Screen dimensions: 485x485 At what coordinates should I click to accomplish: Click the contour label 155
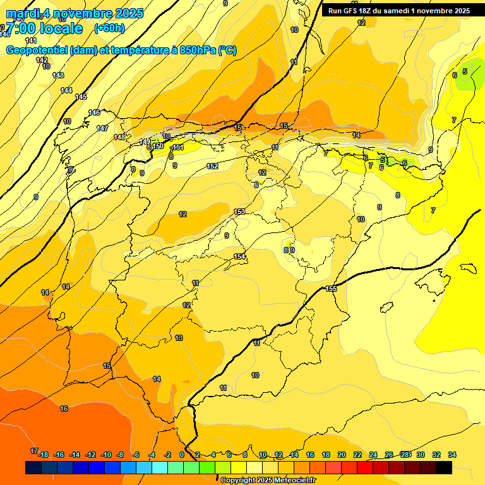pyautogui.click(x=332, y=289)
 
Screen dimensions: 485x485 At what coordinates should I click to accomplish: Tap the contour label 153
pyautogui.click(x=239, y=212)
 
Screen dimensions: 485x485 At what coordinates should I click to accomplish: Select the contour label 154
pyautogui.click(x=239, y=256)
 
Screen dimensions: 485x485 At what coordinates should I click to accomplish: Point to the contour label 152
pyautogui.click(x=213, y=166)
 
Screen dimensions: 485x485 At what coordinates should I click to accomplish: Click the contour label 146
pyautogui.click(x=94, y=112)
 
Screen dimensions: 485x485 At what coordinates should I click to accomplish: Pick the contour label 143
pyautogui.click(x=58, y=75)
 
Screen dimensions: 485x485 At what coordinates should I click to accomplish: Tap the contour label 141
pyautogui.click(x=31, y=40)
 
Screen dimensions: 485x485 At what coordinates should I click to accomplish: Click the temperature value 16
pyautogui.click(x=64, y=409)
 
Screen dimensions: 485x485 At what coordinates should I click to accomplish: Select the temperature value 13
pyautogui.click(x=179, y=338)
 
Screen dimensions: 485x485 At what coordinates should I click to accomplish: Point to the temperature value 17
pyautogui.click(x=34, y=451)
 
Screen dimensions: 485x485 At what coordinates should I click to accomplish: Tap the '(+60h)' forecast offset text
pyautogui.click(x=109, y=28)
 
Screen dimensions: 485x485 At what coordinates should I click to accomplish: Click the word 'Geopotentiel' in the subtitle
pyautogui.click(x=36, y=51)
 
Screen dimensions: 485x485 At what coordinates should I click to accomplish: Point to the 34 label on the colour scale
pyautogui.click(x=452, y=455)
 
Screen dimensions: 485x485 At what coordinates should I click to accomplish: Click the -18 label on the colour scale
pyautogui.click(x=43, y=455)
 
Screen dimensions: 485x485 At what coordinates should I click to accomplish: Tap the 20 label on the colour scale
pyautogui.click(x=342, y=455)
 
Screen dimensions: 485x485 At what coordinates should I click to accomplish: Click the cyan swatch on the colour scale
pyautogui.click(x=160, y=468)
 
